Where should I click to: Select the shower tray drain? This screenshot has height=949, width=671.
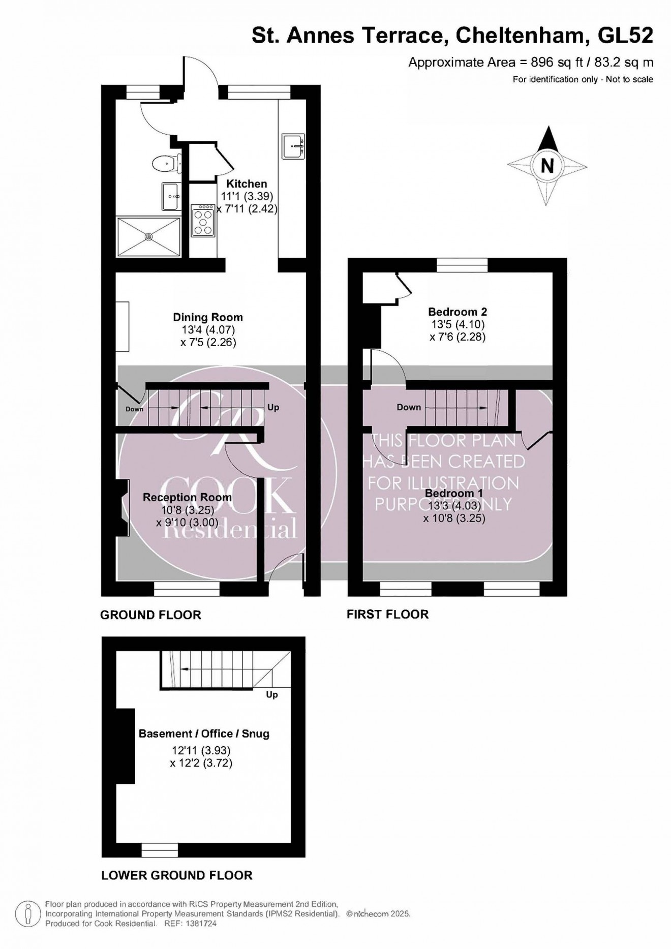[x=149, y=236]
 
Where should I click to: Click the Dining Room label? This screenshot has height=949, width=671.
[x=208, y=317]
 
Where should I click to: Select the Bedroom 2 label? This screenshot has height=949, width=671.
[x=457, y=312]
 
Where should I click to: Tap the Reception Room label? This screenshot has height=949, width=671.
[x=187, y=497]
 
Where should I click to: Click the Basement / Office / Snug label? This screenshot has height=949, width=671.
[x=204, y=733]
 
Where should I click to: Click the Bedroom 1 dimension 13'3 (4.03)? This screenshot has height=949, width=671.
[x=454, y=506]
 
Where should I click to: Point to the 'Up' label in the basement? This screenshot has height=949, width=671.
[x=272, y=694]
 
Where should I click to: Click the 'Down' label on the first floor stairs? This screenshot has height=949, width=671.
[x=409, y=407]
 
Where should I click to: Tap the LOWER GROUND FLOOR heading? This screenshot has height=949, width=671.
[x=177, y=875]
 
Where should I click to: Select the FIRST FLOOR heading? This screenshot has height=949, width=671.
[x=387, y=614]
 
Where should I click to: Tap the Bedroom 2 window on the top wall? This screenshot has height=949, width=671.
[x=462, y=265]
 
